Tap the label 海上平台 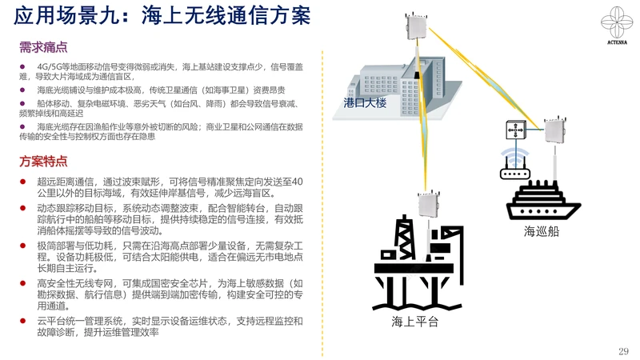[x=416, y=321]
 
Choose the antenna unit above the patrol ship [x=554, y=130]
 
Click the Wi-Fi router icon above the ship [x=514, y=165]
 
